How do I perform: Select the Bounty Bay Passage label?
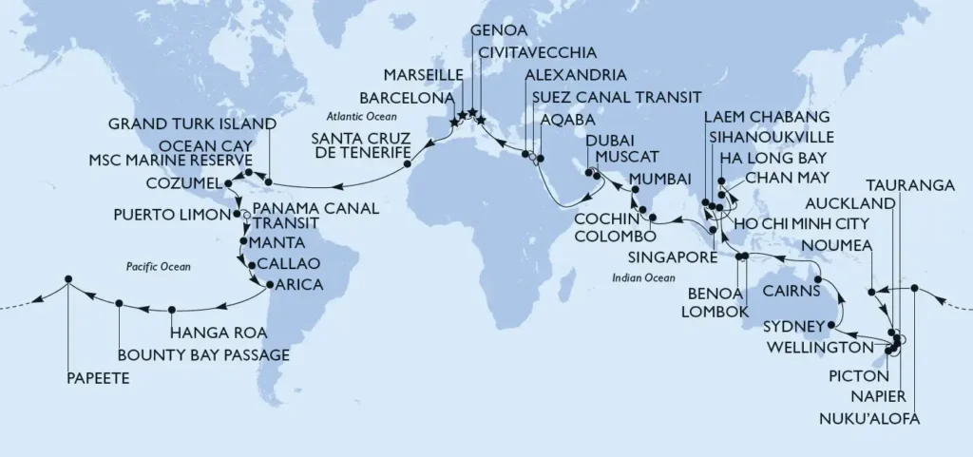(x=203, y=355)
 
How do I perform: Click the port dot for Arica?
(x=270, y=285)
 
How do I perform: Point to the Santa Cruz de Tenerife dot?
(x=408, y=163)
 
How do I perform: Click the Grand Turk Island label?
(x=192, y=124)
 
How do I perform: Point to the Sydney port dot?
(x=831, y=325)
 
